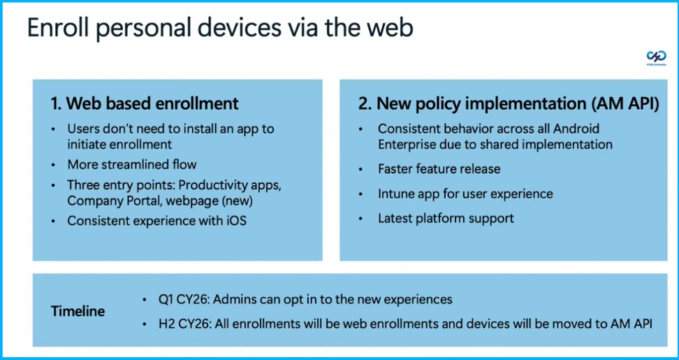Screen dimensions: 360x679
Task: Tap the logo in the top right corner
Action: point(656,57)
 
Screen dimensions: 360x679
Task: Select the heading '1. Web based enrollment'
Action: point(145,103)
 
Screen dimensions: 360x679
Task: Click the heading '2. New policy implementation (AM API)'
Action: point(509,103)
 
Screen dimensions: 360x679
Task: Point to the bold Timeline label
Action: point(78,311)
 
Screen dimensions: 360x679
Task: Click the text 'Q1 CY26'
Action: point(184,299)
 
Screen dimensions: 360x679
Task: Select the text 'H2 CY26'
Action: point(184,323)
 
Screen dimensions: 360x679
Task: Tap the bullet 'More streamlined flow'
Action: point(132,164)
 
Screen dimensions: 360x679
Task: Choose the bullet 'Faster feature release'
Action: point(439,168)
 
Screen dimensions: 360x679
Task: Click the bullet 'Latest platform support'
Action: point(446,218)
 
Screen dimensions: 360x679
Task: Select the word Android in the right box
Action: point(576,129)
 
